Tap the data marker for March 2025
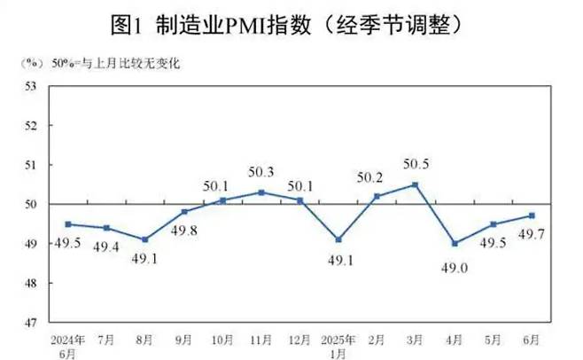coord(415,184)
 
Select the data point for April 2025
coord(454,243)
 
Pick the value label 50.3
coord(260,175)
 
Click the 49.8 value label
coord(185,229)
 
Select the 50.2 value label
coord(377,178)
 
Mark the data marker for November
coord(261,192)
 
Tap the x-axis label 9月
coord(184,339)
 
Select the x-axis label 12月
coord(299,339)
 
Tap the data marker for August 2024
coord(145,239)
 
